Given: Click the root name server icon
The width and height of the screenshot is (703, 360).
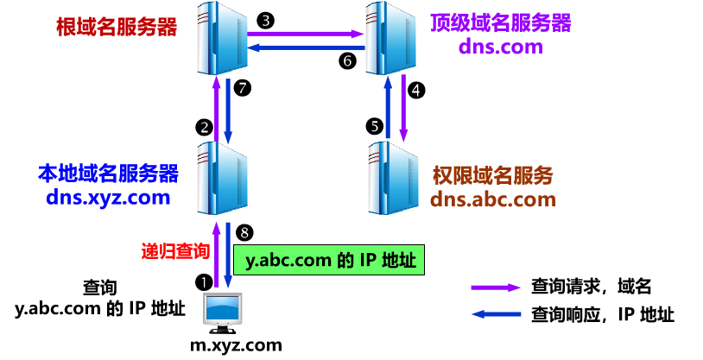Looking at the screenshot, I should pyautogui.click(x=222, y=39).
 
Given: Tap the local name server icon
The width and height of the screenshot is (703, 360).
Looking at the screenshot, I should pyautogui.click(x=222, y=177).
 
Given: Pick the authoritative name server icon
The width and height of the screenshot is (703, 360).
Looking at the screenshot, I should pyautogui.click(x=392, y=177).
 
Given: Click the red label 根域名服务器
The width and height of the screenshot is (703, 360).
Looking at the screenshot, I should pyautogui.click(x=116, y=27).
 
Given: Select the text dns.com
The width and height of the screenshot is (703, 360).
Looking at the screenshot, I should pyautogui.click(x=500, y=47).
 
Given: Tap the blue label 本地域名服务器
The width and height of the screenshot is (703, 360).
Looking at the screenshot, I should pyautogui.click(x=108, y=174).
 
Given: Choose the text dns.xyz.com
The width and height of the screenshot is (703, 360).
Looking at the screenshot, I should pyautogui.click(x=108, y=198).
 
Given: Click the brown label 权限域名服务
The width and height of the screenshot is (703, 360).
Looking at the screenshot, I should pyautogui.click(x=492, y=176).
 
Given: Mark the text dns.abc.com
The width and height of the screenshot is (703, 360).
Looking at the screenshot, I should pyautogui.click(x=492, y=199).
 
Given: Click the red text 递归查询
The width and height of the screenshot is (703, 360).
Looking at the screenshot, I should pyautogui.click(x=175, y=251).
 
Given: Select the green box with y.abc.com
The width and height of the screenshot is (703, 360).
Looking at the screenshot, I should pyautogui.click(x=329, y=259).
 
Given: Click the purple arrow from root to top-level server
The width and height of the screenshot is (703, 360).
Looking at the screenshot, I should pyautogui.click(x=305, y=35).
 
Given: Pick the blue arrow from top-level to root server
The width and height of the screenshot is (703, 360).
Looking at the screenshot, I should pyautogui.click(x=305, y=47).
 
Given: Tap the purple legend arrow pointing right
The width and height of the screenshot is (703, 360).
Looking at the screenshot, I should pyautogui.click(x=496, y=287).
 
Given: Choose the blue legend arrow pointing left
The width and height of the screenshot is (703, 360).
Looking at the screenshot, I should pyautogui.click(x=496, y=314).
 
